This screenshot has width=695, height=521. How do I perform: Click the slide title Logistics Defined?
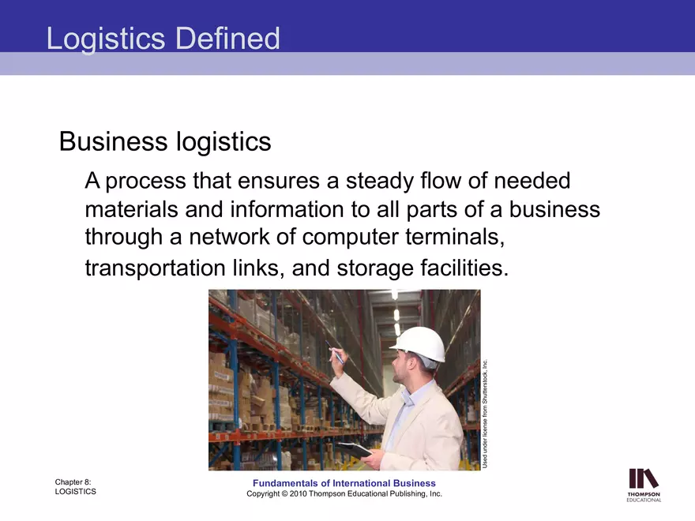click(163, 38)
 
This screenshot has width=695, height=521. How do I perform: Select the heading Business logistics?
click(165, 142)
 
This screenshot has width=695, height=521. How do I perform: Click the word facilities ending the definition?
click(466, 268)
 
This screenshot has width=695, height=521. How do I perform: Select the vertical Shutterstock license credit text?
click(486, 414)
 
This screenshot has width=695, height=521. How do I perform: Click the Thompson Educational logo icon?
click(644, 478)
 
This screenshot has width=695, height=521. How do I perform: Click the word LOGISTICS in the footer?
click(75, 492)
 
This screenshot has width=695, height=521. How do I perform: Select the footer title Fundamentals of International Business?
click(344, 483)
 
